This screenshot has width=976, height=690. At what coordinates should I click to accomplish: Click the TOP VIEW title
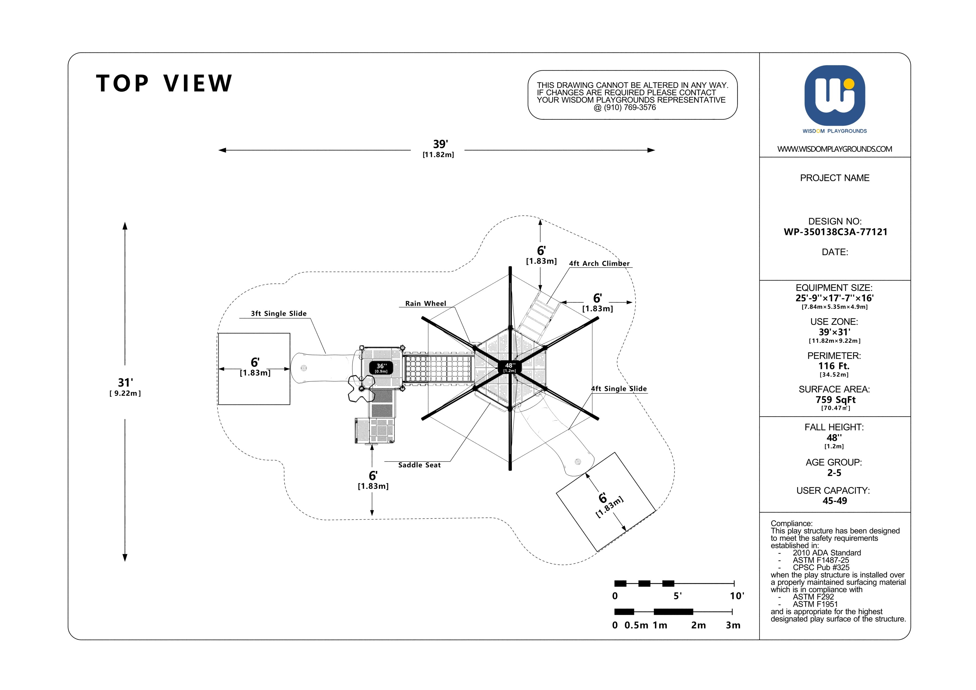(164, 83)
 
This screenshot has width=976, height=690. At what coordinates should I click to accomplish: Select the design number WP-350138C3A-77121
(835, 232)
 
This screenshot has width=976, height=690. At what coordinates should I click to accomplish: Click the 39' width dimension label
(440, 144)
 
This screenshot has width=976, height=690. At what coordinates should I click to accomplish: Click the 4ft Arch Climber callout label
(599, 263)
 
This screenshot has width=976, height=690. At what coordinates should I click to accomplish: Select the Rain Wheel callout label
(426, 303)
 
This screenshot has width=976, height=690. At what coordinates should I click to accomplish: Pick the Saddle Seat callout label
(419, 465)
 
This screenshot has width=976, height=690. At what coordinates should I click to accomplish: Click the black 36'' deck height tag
(381, 368)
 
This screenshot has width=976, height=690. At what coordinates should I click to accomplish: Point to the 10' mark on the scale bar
(737, 596)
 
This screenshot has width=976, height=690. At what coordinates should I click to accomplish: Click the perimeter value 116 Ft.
(834, 366)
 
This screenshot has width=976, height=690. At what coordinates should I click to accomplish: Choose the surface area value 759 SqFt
(835, 400)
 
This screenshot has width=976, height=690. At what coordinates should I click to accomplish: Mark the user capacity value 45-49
(834, 501)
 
